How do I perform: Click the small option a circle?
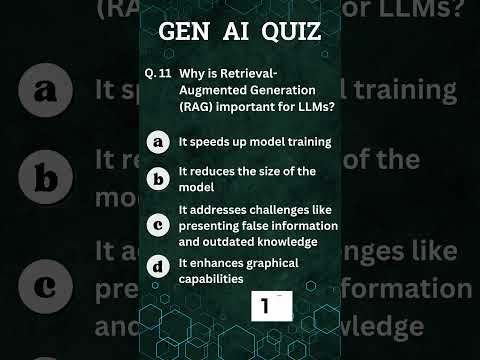tap(158, 143)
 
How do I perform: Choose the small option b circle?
tap(158, 179)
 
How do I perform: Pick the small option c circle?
tap(158, 225)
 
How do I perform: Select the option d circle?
tap(158, 267)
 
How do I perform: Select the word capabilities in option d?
tap(211, 279)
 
